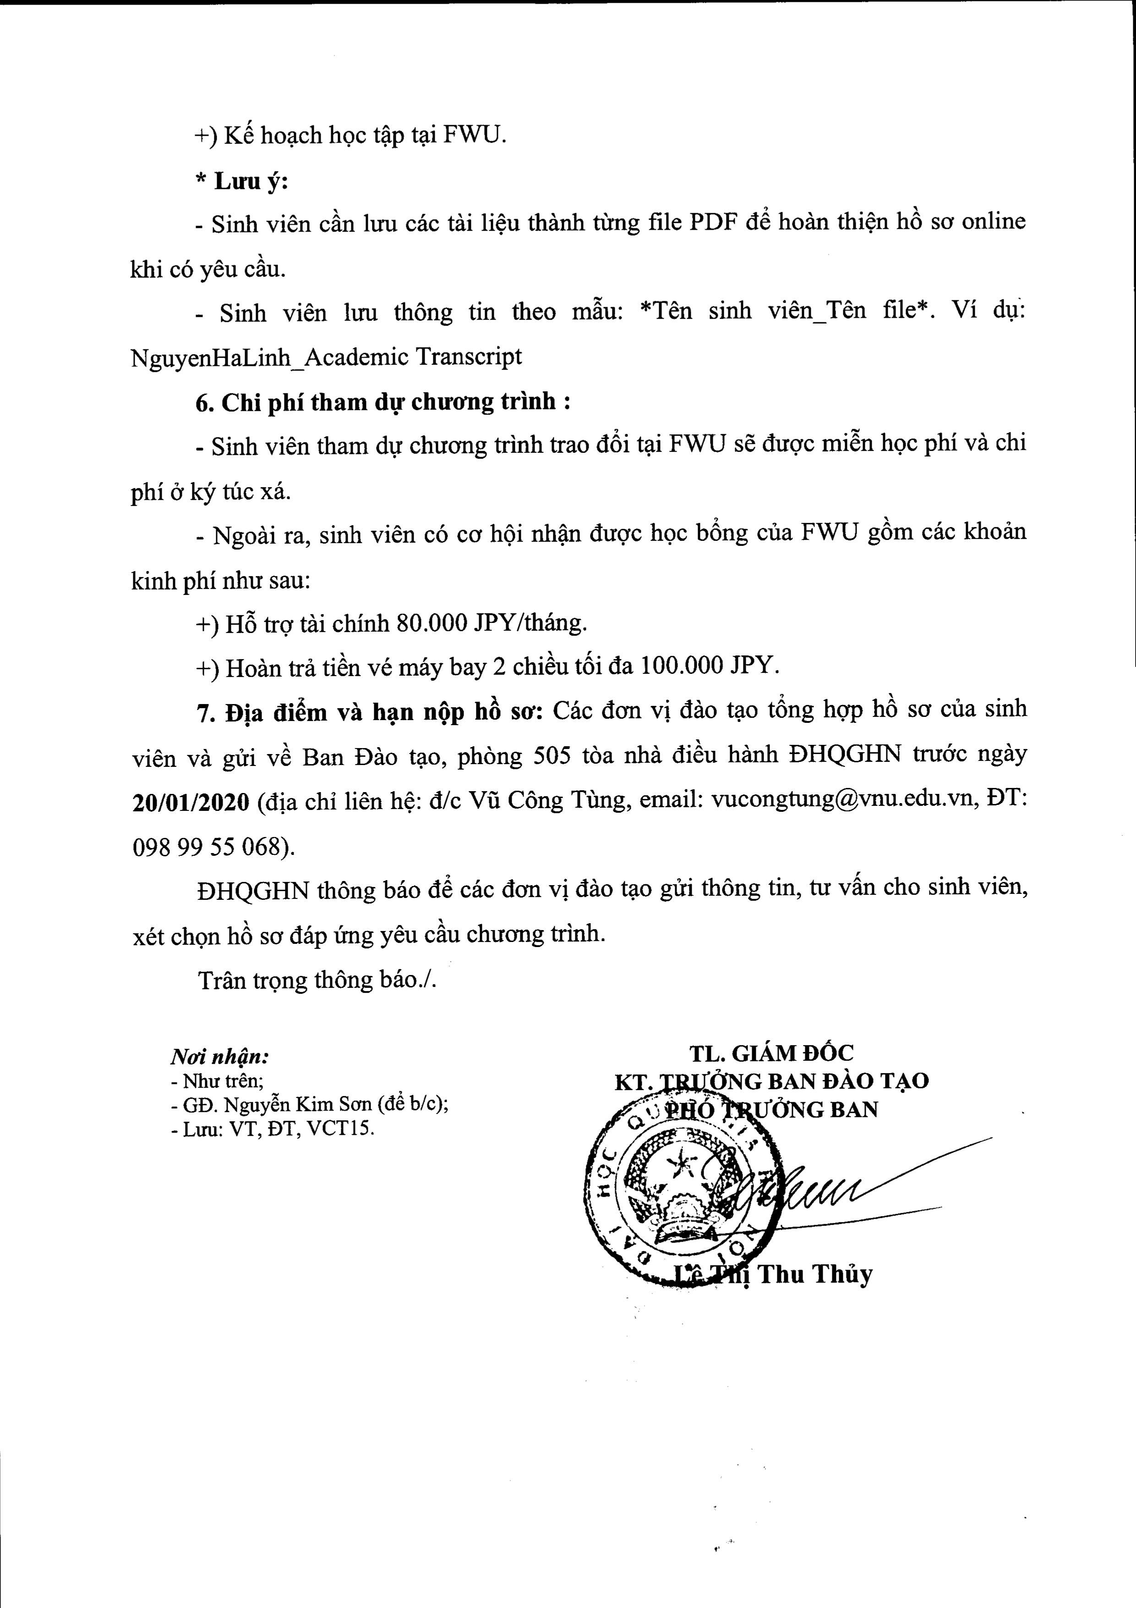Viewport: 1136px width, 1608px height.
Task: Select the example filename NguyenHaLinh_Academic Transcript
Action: [x=326, y=357]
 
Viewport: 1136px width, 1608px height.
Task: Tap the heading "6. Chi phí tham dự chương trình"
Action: [x=382, y=403]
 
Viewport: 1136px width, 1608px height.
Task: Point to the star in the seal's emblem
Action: [x=677, y=1166]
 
